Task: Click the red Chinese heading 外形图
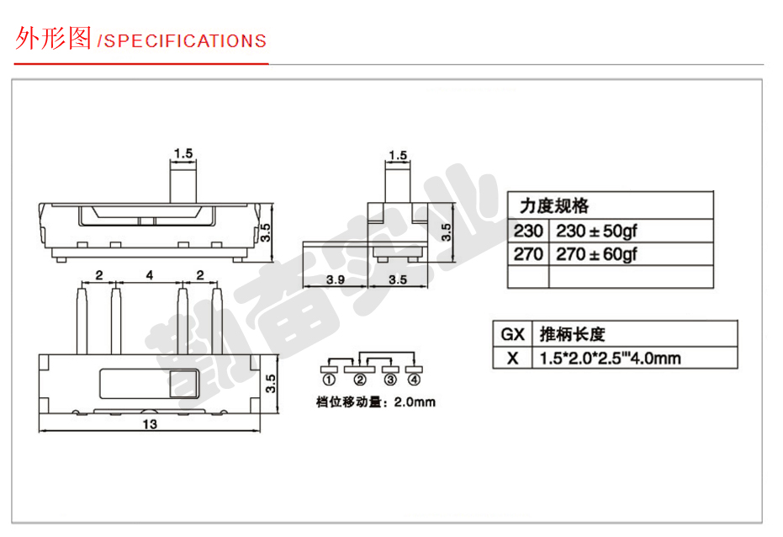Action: coord(53,38)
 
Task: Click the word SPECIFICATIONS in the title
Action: coord(185,41)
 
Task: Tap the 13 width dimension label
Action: coord(150,424)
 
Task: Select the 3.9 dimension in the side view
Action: coord(336,279)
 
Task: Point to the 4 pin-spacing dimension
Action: coord(150,274)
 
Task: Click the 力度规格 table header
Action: coord(553,206)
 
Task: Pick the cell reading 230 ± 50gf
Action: coord(597,231)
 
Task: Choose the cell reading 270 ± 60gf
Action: coord(597,254)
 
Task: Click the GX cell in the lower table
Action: coord(512,334)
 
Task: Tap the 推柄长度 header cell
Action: coord(572,334)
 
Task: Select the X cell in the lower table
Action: coord(512,359)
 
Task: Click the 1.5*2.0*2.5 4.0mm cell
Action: coord(611,359)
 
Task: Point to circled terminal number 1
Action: coord(329,380)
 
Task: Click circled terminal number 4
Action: coord(414,380)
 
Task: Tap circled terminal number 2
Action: coord(360,380)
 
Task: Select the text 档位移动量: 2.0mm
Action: coord(375,402)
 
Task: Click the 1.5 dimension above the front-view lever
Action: coord(183,153)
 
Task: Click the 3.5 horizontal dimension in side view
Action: coord(398,279)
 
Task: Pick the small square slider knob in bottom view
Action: coord(184,384)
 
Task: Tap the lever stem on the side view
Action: coord(398,183)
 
